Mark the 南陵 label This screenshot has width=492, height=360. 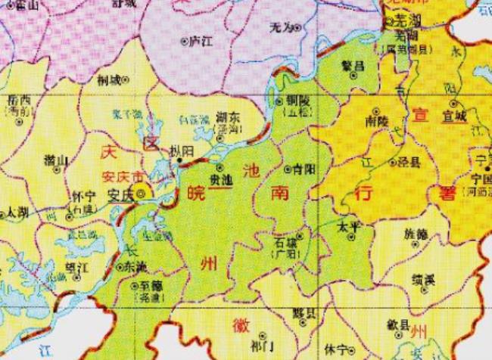pos(375,120)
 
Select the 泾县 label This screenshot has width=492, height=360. pos(415,161)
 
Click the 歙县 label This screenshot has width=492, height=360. pos(397,325)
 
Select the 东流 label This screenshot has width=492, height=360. pos(138,267)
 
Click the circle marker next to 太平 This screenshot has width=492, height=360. pos(351,237)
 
